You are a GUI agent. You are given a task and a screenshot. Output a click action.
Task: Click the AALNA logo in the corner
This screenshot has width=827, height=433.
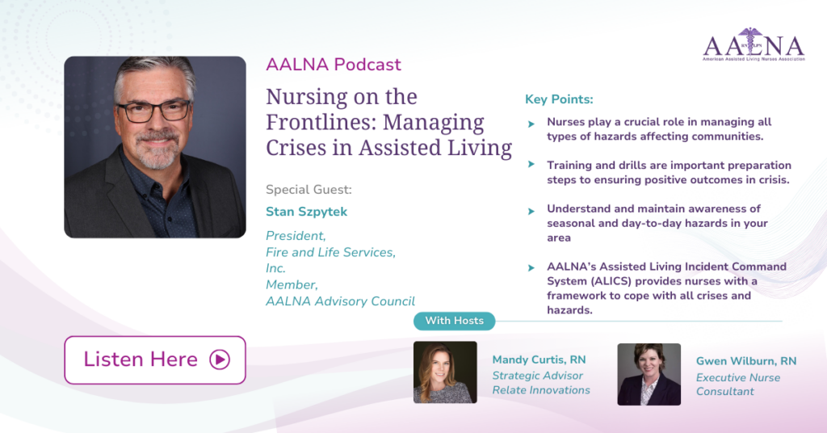754,44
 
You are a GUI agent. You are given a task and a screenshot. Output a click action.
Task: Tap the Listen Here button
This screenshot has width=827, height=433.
155,359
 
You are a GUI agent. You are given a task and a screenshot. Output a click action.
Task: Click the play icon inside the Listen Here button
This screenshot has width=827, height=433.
220,359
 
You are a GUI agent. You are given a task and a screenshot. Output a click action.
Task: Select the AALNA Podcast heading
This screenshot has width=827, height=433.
334,65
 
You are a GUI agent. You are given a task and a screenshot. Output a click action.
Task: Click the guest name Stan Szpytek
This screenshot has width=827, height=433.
306,212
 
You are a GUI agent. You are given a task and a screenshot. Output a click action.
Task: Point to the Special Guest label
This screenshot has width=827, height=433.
309,189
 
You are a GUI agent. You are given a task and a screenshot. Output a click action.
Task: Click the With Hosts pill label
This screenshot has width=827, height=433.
454,321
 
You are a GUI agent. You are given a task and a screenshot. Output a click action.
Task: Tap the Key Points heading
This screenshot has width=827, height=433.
559,99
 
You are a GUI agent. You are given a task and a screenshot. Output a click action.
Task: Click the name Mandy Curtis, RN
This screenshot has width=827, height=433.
539,359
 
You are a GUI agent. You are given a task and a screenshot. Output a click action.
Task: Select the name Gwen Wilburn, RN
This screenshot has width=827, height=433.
746,361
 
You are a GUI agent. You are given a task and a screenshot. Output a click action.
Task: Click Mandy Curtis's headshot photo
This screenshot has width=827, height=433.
445,372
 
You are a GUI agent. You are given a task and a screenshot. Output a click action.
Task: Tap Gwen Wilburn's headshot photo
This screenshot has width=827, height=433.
649,375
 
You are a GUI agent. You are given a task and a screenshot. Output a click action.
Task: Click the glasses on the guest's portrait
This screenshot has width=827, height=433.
153,111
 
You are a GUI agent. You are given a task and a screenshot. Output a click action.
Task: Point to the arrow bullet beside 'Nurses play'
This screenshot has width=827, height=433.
531,124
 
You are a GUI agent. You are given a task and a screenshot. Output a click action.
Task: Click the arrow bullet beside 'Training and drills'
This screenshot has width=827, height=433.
531,165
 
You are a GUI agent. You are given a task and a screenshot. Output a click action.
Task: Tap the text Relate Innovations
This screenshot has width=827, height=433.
541,390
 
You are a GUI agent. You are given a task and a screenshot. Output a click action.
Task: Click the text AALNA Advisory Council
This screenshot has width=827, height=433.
340,301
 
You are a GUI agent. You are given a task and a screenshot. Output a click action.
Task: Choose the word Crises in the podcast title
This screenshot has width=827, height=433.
296,148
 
